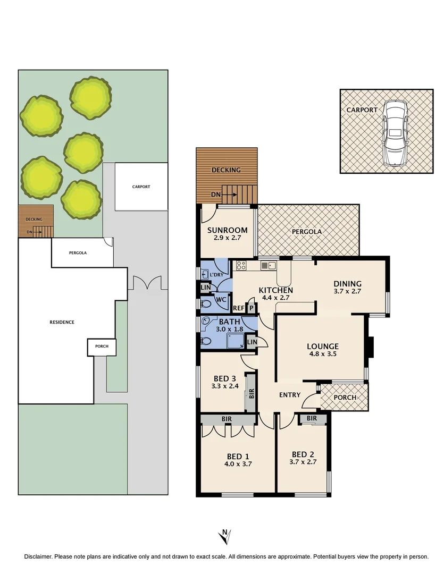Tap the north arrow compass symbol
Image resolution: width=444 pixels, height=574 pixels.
point(225,536)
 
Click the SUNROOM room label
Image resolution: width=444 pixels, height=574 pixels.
point(227,230)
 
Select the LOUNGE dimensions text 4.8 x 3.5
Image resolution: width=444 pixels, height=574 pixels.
point(323,354)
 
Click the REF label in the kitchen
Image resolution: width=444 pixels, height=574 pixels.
point(238,308)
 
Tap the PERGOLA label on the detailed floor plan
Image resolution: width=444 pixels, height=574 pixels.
point(307,232)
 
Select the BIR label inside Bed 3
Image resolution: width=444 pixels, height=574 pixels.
point(252,394)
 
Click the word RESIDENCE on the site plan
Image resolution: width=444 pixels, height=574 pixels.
point(62,322)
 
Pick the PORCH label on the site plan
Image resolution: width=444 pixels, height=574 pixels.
point(102,347)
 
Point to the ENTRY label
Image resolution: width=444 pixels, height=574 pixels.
point(289,395)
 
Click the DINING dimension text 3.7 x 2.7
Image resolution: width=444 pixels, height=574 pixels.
point(347,292)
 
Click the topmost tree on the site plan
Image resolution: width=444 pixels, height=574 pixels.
point(91,98)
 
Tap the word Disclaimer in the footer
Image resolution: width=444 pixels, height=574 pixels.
point(38,556)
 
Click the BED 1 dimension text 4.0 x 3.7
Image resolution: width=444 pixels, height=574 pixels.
point(238,464)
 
